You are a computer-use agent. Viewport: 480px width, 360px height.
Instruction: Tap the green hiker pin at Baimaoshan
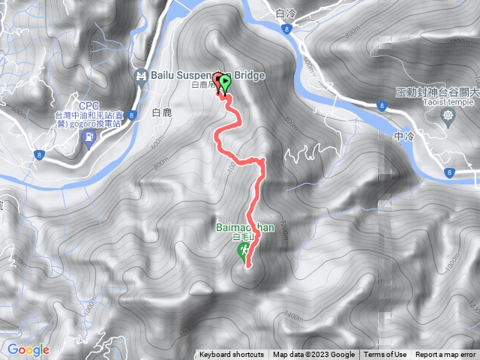pyautogui.click(x=242, y=253)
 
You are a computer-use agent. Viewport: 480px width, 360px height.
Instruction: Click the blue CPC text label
pyautogui.click(x=88, y=105)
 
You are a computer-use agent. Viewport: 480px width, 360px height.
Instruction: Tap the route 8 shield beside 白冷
pyautogui.click(x=287, y=28)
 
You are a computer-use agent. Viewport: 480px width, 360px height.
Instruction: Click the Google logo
pyautogui.click(x=28, y=349)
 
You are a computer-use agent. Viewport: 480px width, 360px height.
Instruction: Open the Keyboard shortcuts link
pyautogui.click(x=231, y=355)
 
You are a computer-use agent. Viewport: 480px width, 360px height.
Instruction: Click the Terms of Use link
pyautogui.click(x=385, y=355)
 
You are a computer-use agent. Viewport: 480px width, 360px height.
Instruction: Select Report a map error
pyautogui.click(x=445, y=355)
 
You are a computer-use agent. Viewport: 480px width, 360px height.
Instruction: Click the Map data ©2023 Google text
pyautogui.click(x=313, y=355)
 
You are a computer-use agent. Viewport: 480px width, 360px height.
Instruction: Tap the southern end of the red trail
pyautogui.click(x=247, y=265)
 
